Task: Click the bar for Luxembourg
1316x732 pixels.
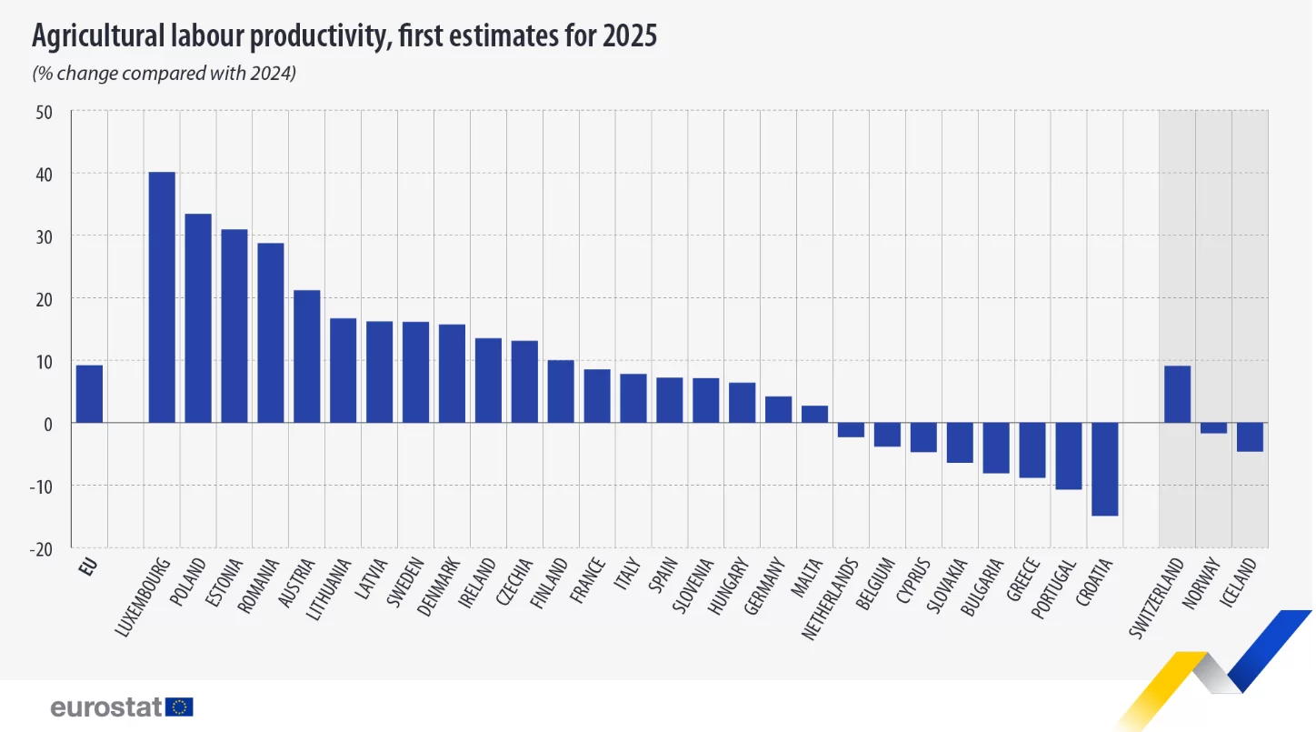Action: pos(162,297)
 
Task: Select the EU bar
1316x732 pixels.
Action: pos(89,394)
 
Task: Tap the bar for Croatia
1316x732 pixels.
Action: pos(1104,469)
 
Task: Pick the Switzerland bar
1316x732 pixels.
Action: pos(1177,394)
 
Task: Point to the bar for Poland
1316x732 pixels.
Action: pos(198,318)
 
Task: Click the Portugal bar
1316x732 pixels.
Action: pos(1069,456)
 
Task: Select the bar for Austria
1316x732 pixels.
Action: pos(306,356)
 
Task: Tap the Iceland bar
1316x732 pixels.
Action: pos(1250,436)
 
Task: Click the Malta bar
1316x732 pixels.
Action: pos(815,414)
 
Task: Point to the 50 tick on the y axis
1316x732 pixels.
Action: pos(44,112)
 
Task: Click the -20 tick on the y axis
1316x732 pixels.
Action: pos(41,549)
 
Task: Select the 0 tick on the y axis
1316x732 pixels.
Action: pos(48,424)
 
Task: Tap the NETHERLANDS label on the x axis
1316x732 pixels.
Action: pos(830,598)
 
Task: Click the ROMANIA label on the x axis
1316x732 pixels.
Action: pos(258,586)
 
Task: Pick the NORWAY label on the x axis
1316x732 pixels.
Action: pos(1201,583)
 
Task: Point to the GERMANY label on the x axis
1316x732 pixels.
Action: pos(764,586)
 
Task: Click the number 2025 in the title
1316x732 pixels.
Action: pos(630,35)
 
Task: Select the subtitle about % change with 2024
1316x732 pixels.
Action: pos(164,74)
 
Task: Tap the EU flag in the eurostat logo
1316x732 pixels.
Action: pos(179,707)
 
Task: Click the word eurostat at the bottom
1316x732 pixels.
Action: pos(105,707)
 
